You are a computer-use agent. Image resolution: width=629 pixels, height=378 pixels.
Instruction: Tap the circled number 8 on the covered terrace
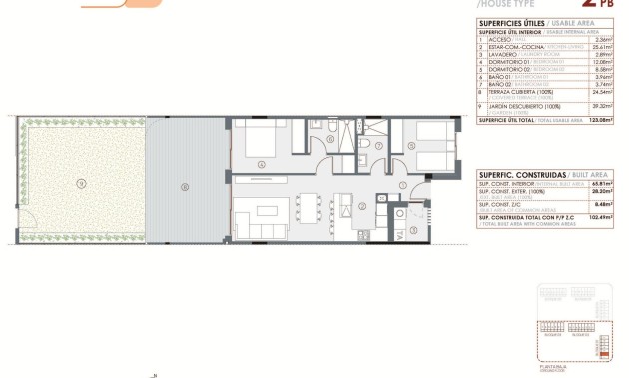184,186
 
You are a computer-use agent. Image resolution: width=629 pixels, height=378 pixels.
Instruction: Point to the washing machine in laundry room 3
400,212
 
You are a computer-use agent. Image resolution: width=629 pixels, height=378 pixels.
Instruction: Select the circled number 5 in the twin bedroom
411,144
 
